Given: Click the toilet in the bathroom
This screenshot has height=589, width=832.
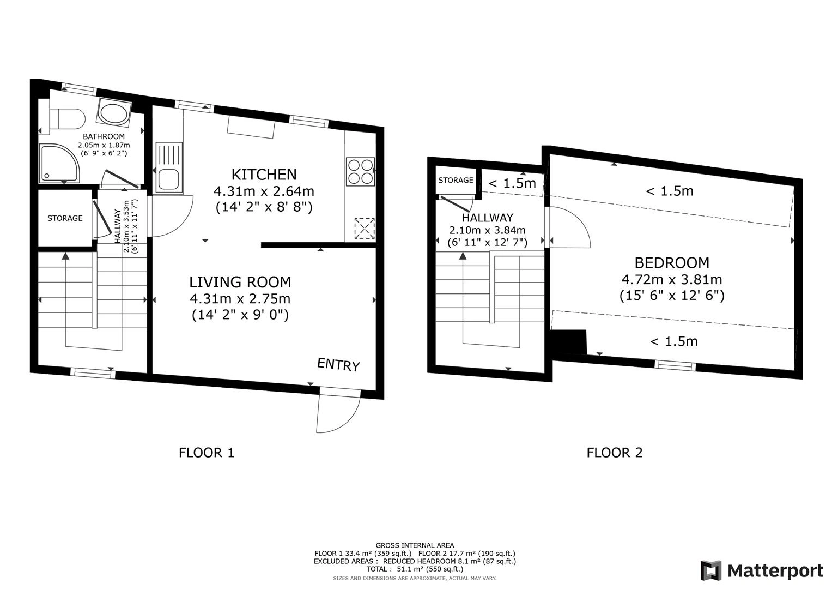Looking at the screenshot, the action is (68, 119).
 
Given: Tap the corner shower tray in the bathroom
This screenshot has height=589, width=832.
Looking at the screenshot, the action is (60, 164).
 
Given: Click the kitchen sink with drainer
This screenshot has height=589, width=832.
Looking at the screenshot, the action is (169, 168).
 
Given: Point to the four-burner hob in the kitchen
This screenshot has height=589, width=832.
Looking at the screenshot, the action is (360, 171).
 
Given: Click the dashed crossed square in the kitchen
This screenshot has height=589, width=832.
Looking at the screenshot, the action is (365, 229).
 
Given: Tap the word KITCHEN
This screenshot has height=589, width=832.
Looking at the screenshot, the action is (264, 175).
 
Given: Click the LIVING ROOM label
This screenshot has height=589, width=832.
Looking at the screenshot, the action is (240, 283).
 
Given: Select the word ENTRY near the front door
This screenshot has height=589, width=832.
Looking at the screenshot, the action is (338, 364).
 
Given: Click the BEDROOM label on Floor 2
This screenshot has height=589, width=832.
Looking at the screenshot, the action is (672, 263).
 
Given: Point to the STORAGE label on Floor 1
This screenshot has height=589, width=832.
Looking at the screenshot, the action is (65, 218).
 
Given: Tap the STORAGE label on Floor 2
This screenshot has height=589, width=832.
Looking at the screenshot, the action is (456, 181).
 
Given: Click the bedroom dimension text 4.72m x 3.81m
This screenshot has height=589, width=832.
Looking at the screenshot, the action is (672, 279).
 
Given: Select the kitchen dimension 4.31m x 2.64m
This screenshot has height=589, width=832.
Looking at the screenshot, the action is (264, 191).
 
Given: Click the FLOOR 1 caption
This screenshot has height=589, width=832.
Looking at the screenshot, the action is (207, 453).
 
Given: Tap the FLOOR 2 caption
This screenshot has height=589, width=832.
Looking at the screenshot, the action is (615, 453).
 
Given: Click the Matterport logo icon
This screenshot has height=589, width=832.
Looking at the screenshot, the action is (711, 571).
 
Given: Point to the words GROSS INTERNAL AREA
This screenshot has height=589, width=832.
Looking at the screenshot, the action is (415, 545).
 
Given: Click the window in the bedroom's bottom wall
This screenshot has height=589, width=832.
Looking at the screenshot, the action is (675, 365).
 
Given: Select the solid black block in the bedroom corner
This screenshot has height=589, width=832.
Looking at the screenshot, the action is (568, 342).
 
